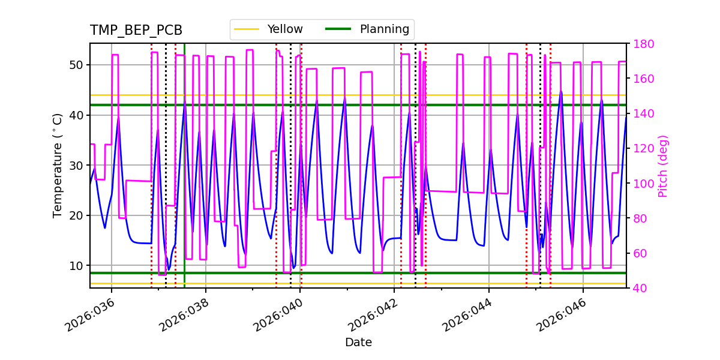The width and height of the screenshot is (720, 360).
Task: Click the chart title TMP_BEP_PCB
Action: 136,31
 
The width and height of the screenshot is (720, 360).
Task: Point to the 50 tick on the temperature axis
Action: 77,65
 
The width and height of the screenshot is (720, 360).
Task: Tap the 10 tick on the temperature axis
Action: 77,265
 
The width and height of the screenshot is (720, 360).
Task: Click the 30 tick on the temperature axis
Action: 77,165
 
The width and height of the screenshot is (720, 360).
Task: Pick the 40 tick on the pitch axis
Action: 640,288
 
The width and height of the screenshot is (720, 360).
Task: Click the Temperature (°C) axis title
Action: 58,166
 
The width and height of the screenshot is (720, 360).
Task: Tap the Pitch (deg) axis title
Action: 663,166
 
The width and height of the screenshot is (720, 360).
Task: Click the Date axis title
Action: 358,343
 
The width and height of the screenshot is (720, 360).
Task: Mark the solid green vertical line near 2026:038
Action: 184,180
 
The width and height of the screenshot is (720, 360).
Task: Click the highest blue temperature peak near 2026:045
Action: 561,92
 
